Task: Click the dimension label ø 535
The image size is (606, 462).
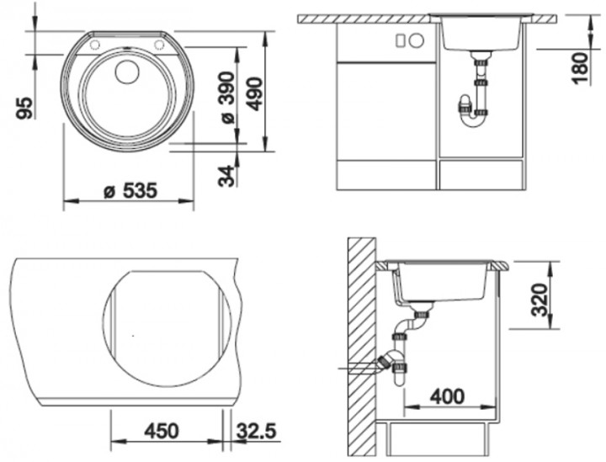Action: [130, 191]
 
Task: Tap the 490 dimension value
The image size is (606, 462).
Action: [256, 94]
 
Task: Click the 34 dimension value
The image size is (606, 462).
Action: [227, 176]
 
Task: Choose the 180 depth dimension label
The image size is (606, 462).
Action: [580, 68]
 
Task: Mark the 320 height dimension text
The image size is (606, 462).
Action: [540, 300]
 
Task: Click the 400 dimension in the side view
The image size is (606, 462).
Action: [448, 396]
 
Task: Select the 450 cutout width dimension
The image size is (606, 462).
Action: [162, 431]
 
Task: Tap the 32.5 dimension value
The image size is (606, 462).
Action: [257, 431]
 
